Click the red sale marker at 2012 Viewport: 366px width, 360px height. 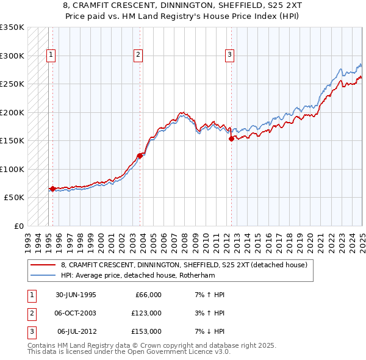pos(231,139)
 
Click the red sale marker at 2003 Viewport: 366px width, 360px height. pos(140,156)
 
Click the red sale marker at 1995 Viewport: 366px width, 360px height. pos(52,189)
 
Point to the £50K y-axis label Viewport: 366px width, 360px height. pos(14,198)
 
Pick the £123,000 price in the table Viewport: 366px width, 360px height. pos(147,313)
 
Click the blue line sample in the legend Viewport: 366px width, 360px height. pos(44,275)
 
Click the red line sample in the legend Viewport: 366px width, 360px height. pos(44,265)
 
